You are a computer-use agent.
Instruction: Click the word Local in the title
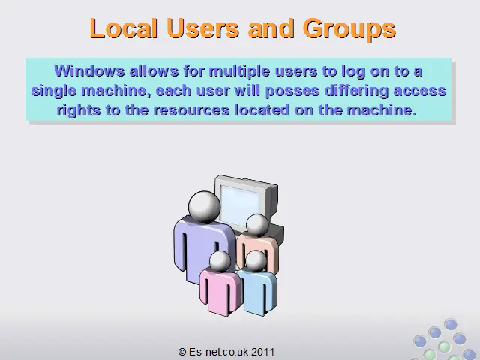coord(123,28)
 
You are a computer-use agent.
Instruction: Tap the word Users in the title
coord(202,28)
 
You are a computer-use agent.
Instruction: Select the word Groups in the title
coord(349,29)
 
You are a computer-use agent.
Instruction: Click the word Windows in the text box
coord(89,71)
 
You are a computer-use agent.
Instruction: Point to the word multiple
coord(240,72)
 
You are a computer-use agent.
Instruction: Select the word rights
coord(79,110)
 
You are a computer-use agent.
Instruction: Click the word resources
coord(192,110)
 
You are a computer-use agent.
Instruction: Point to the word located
coord(262,110)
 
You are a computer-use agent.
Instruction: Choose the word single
coord(54,91)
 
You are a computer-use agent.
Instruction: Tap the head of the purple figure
coord(204,207)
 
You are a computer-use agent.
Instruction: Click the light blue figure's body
coord(258,292)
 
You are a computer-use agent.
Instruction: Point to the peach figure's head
coord(257,225)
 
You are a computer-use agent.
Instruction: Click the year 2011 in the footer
coord(263,352)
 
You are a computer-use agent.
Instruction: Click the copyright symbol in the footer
coord(182,352)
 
